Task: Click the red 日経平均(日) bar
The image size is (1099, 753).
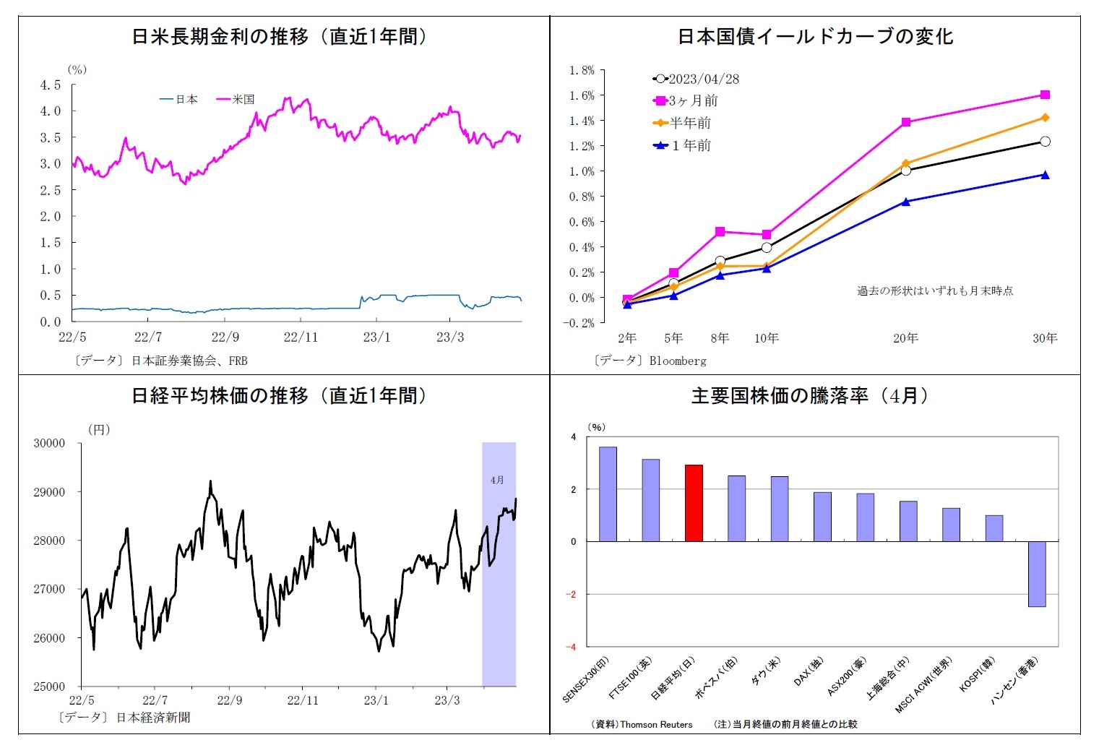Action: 694,503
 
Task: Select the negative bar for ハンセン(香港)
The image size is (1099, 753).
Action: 1037,574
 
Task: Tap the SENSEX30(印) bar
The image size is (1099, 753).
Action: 608,494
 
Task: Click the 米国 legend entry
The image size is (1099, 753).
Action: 236,100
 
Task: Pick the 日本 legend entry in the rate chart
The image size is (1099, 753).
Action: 179,100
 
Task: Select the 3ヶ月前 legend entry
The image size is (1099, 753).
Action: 686,101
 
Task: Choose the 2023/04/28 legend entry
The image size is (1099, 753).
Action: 697,79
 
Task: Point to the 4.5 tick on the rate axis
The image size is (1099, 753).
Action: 51,85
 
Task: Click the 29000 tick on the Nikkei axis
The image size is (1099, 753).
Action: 49,492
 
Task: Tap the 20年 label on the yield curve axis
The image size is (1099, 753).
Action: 905,338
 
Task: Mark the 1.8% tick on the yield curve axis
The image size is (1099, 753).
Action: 582,70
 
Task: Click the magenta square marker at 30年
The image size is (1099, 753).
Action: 1045,95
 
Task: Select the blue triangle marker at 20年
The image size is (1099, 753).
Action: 906,202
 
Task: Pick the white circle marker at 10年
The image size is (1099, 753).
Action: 767,247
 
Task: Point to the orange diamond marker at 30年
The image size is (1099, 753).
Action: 1045,118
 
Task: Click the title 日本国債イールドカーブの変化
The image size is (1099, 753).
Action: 815,37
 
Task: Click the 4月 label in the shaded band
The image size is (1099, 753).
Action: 497,480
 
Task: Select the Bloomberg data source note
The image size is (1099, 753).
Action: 650,360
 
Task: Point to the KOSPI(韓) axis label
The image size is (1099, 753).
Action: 977,675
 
